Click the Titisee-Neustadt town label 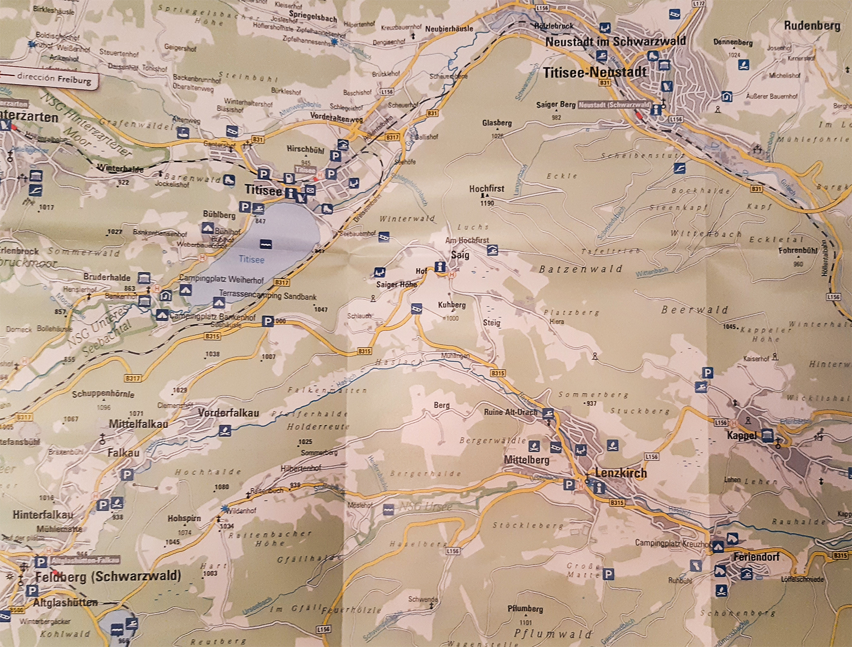click(595, 72)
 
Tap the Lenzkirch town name click(620, 473)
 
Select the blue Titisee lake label click(251, 260)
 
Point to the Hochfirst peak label click(486, 189)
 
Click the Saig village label click(460, 255)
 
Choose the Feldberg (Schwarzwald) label click(108, 576)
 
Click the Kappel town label click(742, 436)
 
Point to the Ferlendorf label click(756, 557)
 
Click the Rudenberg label click(812, 26)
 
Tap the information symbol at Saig click(440, 266)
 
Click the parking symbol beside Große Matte click(608, 574)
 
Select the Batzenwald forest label click(580, 269)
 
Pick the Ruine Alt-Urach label click(510, 412)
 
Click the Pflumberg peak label click(525, 609)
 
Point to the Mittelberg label click(526, 460)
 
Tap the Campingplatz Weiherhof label click(221, 280)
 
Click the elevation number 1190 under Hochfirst click(486, 203)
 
